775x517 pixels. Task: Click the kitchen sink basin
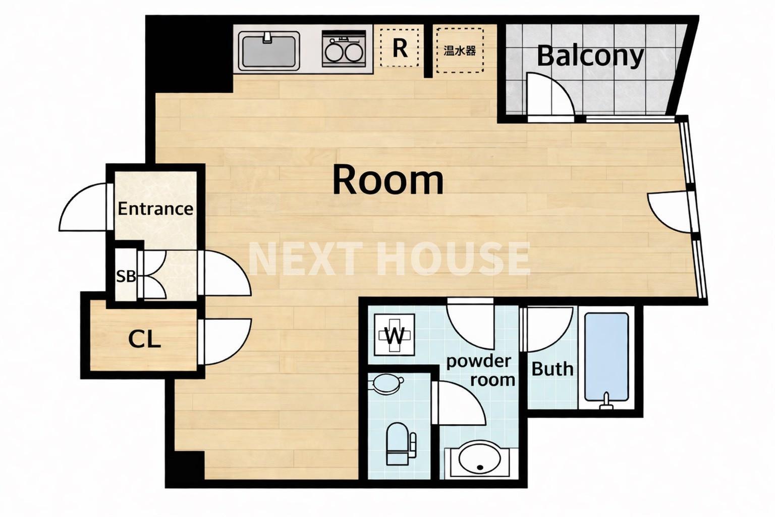(269, 51)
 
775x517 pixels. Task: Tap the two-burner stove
(344, 49)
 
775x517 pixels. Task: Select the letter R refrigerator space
(400, 48)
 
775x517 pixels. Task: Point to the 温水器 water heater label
(460, 51)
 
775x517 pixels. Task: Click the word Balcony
(590, 57)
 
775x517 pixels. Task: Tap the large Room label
(388, 180)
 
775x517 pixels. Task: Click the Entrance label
(155, 209)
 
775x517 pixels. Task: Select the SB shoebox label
(126, 277)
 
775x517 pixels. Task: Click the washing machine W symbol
(395, 335)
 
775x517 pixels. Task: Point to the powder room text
(480, 371)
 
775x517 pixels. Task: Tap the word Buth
(552, 369)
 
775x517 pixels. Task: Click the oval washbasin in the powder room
(479, 458)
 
